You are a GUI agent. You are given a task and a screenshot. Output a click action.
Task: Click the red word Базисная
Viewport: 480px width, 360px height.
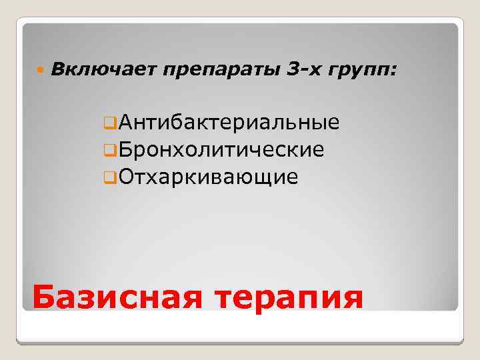click(116, 297)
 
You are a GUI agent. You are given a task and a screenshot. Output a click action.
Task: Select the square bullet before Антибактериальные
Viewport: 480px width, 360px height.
click(109, 123)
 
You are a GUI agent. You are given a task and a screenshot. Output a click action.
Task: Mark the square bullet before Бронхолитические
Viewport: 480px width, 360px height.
click(109, 151)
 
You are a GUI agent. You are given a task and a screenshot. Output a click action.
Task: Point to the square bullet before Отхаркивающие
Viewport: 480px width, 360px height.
click(109, 178)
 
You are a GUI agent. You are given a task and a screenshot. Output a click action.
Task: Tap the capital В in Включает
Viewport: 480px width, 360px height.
click(57, 68)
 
